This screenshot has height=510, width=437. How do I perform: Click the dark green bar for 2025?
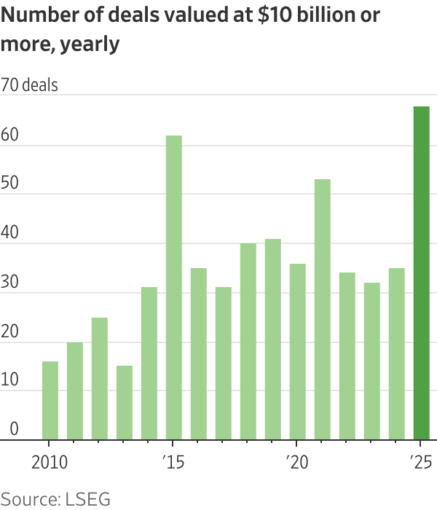pyautogui.click(x=421, y=273)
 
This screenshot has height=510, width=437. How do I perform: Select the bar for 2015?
pyautogui.click(x=173, y=288)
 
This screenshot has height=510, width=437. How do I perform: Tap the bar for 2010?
pyautogui.click(x=50, y=400)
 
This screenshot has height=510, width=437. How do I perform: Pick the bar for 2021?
pyautogui.click(x=322, y=310)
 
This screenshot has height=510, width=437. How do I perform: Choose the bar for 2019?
pyautogui.click(x=272, y=339)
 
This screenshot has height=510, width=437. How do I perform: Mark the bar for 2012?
pyautogui.click(x=100, y=378)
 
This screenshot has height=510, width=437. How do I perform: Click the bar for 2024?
pyautogui.click(x=396, y=353)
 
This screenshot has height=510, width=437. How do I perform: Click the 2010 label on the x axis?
pyautogui.click(x=50, y=463)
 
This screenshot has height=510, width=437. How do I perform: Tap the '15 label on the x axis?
pyautogui.click(x=173, y=463)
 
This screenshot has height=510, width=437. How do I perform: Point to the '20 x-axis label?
pyautogui.click(x=296, y=463)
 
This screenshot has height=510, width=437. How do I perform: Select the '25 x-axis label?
pyautogui.click(x=420, y=463)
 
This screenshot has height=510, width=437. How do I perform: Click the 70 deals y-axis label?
pyautogui.click(x=30, y=85)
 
